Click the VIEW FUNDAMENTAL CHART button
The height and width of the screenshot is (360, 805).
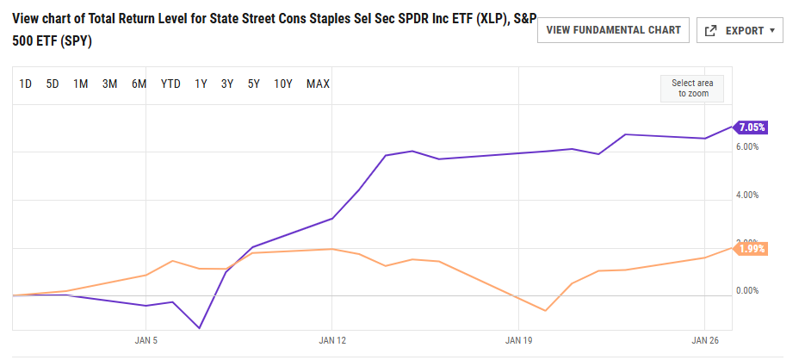coord(613,30)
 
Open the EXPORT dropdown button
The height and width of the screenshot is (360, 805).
coord(740,30)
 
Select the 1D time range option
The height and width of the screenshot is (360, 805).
coord(26,84)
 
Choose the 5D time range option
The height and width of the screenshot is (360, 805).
coord(53,84)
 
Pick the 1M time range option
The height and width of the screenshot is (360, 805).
coord(80,84)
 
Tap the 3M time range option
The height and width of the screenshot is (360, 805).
coord(109,84)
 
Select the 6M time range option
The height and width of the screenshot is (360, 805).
coord(139,84)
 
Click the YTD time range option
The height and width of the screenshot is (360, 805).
coord(170,84)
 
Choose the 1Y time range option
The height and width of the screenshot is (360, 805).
coord(201,84)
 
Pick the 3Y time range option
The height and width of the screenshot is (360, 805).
coord(227,84)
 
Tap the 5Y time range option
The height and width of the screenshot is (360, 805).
coord(254,84)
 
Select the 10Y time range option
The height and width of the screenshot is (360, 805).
coord(283,84)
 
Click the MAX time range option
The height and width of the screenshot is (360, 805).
coord(318,84)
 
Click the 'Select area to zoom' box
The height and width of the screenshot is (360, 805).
coord(693,89)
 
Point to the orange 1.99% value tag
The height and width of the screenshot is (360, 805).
coord(749,248)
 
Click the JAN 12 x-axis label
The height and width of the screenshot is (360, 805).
coord(332,340)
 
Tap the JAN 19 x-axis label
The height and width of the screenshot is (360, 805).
coord(518,340)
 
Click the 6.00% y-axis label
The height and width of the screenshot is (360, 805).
coord(746,147)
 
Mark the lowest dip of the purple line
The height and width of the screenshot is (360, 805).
coord(199,328)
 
